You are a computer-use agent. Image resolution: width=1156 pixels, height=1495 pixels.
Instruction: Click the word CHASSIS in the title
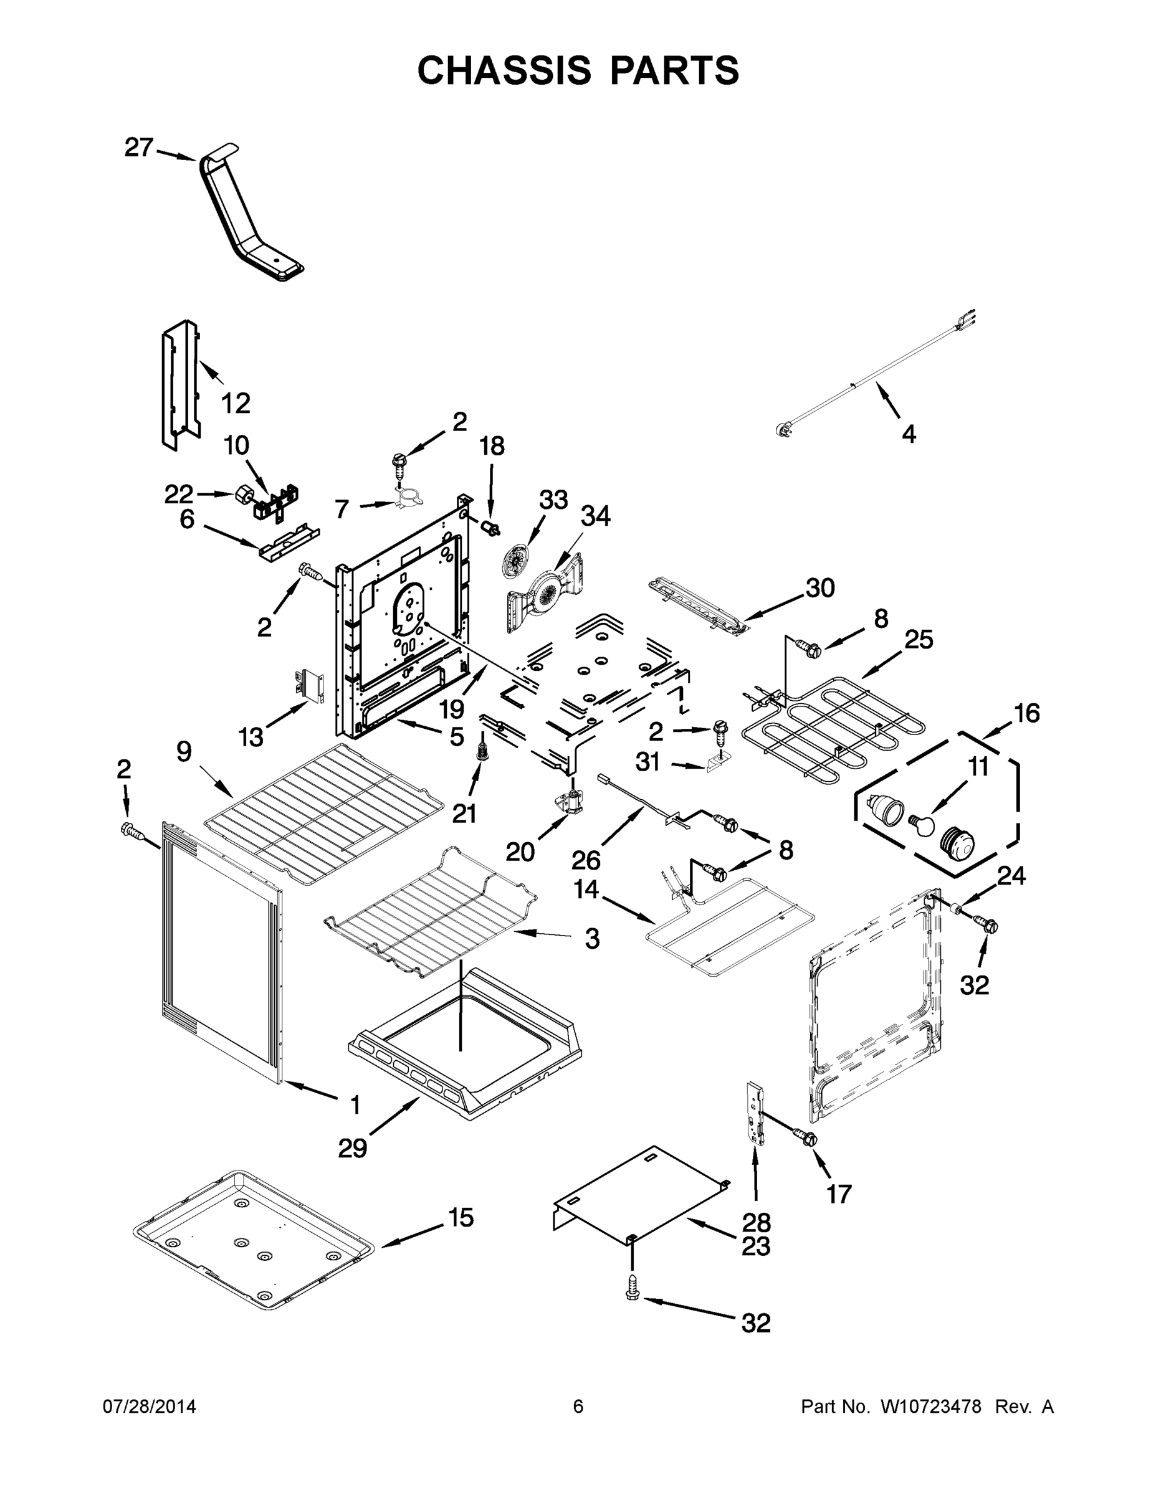click(x=504, y=70)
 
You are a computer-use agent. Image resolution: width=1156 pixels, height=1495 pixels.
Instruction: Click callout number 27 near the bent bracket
click(x=138, y=147)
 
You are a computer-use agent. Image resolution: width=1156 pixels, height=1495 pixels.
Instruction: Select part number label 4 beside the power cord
click(x=908, y=434)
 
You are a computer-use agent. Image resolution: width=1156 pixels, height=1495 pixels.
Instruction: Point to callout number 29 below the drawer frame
click(x=353, y=1148)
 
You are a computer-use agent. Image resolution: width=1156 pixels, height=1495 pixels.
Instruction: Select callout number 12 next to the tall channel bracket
click(x=236, y=403)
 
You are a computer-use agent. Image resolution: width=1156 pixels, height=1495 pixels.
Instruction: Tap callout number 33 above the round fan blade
click(x=553, y=500)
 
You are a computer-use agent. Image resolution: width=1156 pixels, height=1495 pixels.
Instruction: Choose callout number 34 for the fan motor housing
click(x=595, y=516)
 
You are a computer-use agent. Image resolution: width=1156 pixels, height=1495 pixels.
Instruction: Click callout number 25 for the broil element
click(x=919, y=639)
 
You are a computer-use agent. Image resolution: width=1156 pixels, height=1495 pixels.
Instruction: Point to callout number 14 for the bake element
click(x=586, y=889)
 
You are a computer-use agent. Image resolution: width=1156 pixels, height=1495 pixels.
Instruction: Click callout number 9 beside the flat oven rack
click(x=184, y=752)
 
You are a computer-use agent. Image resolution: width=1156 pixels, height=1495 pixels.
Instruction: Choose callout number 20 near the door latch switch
click(x=520, y=852)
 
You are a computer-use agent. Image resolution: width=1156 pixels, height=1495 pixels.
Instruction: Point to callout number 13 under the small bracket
click(x=251, y=738)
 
